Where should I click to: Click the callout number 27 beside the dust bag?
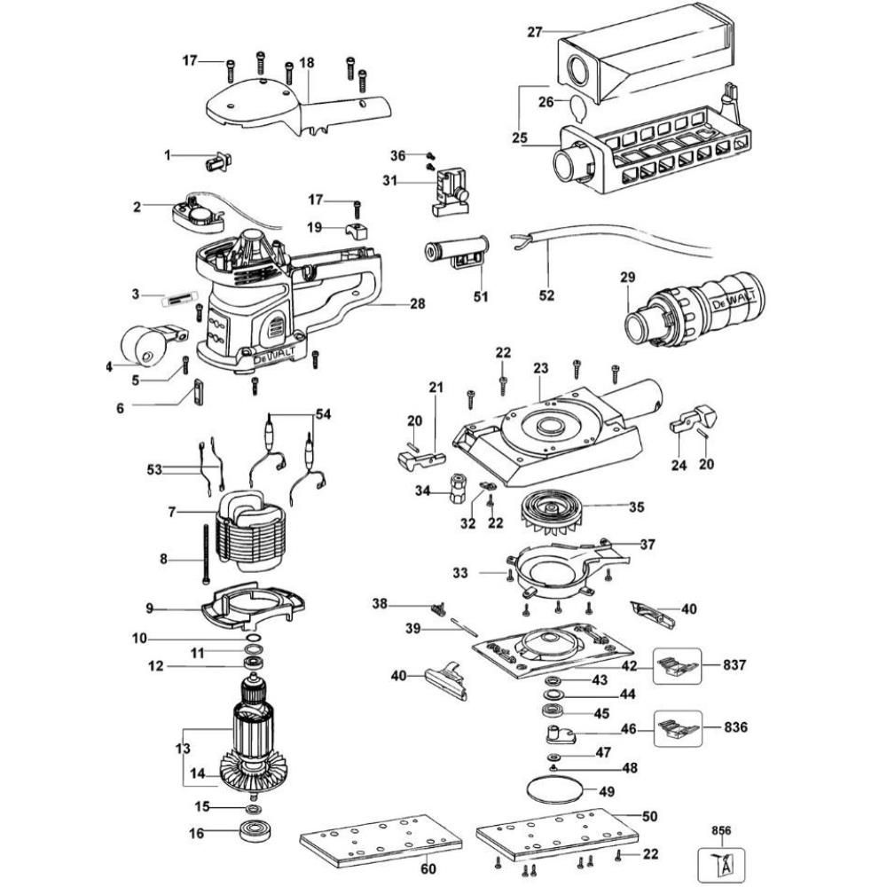534,32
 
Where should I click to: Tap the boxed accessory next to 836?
679,728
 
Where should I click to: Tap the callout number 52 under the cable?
547,295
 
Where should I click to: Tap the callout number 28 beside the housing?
416,304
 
